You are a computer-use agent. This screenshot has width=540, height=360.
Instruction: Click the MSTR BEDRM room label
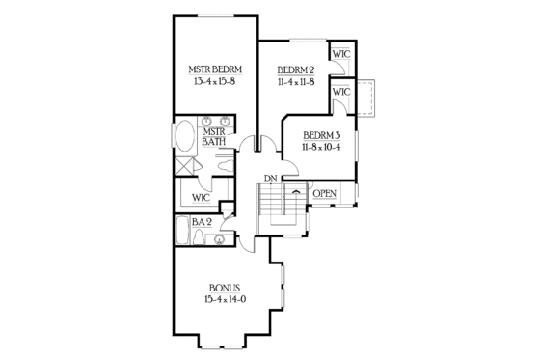214,69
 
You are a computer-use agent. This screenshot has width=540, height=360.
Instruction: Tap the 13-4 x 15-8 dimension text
214,83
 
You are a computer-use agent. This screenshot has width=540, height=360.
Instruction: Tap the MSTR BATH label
213,136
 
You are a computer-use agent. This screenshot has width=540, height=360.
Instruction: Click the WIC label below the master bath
201,197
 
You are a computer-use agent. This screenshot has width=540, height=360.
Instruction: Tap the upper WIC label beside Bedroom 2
340,54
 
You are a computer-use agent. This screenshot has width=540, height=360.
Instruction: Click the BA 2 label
202,222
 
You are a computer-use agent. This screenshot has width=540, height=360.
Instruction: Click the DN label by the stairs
271,179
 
